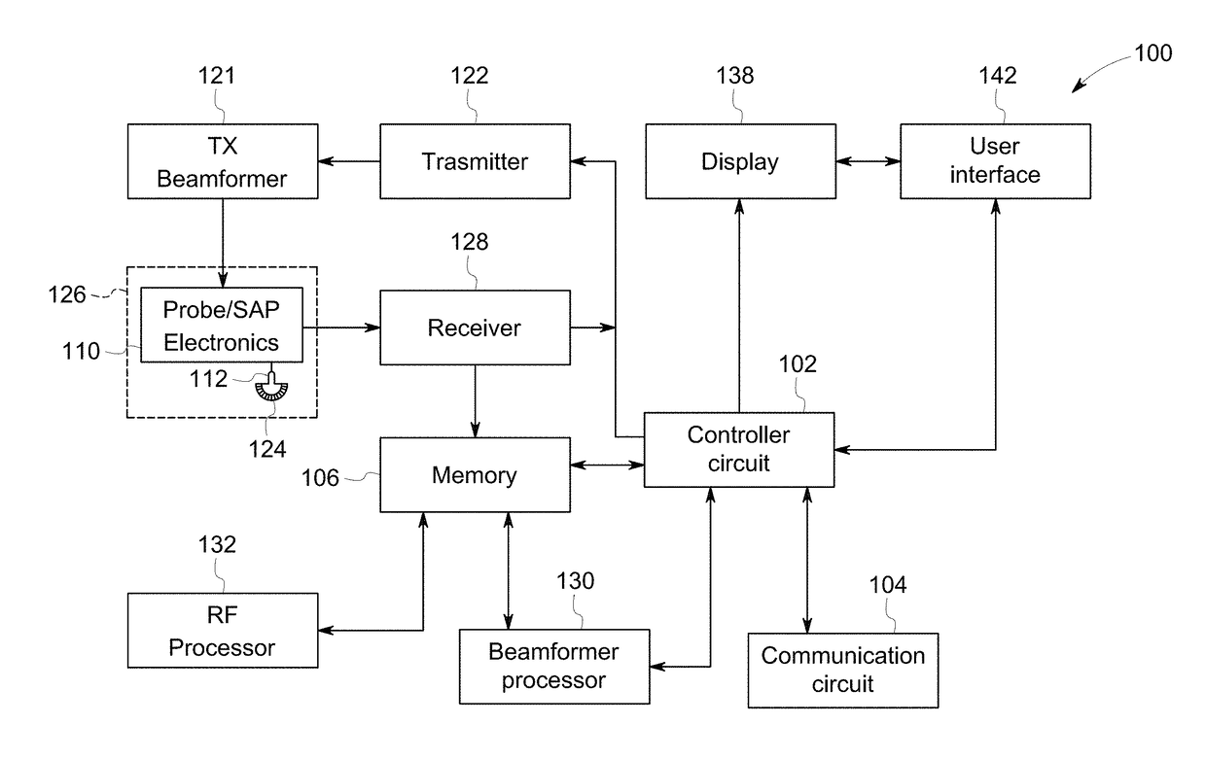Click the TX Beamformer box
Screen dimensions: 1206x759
pos(223,161)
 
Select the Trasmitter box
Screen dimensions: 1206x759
pos(475,161)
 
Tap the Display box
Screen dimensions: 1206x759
pos(740,161)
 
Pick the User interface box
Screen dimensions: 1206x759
pos(996,161)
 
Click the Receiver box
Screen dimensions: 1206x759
pos(475,328)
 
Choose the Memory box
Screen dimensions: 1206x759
pos(475,474)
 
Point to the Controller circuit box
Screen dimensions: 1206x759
pos(739,450)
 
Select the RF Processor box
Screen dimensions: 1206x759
pos(223,631)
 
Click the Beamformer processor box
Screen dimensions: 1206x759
pos(554,667)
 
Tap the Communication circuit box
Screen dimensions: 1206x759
pos(843,671)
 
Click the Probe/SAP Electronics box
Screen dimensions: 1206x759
pos(222,325)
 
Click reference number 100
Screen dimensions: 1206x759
pos(1153,53)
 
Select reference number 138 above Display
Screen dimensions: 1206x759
pos(734,75)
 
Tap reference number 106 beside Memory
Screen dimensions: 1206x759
pos(320,478)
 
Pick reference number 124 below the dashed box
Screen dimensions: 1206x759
pos(267,449)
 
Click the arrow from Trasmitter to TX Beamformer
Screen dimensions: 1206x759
pos(349,160)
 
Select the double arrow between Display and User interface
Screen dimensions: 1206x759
pos(868,160)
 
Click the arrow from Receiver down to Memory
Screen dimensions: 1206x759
pos(475,401)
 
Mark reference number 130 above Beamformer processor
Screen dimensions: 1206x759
pos(575,581)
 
